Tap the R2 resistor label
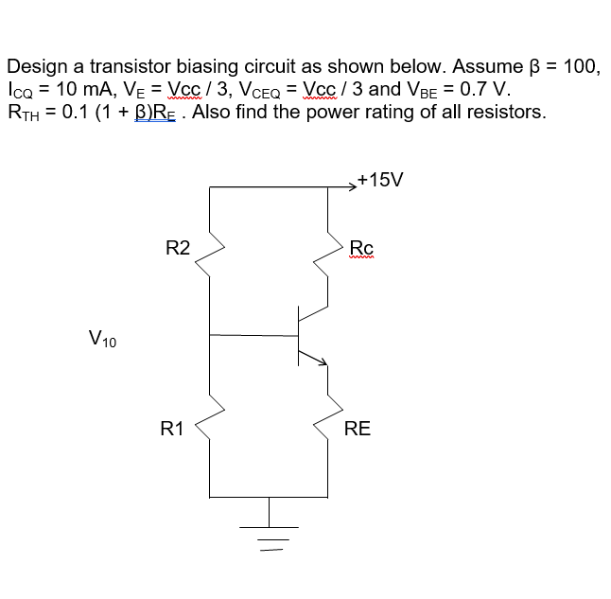[x=178, y=249]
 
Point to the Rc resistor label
[x=361, y=249]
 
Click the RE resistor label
[x=358, y=429]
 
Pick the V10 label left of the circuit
[x=102, y=338]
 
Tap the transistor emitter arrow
[x=320, y=361]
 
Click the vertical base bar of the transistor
[x=299, y=334]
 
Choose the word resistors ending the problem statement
[x=510, y=114]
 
